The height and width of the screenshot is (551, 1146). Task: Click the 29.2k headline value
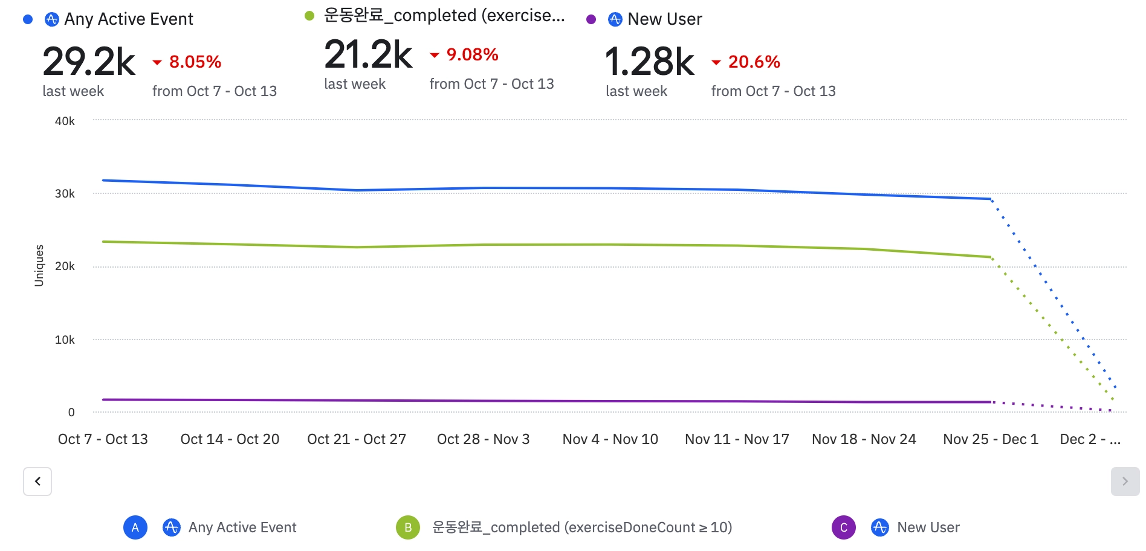89,62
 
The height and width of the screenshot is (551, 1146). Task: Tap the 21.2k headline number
368,54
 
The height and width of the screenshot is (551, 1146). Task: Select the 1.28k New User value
650,62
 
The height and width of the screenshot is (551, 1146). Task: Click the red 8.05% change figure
195,62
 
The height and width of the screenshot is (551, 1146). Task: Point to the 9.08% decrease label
472,54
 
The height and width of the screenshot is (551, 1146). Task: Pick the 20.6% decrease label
754,62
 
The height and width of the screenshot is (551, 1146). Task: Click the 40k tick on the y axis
65,121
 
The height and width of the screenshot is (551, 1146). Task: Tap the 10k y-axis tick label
65,340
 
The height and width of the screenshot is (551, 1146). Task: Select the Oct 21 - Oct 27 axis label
357,439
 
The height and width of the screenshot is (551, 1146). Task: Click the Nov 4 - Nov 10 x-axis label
610,439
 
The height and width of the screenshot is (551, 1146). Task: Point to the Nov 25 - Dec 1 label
990,439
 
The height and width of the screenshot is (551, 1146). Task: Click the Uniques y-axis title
39,265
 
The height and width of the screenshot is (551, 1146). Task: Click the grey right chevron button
1125,482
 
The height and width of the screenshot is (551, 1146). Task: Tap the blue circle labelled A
135,527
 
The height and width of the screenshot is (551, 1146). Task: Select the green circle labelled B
408,527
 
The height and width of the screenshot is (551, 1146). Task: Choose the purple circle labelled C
844,527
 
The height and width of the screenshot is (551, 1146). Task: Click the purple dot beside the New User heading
591,19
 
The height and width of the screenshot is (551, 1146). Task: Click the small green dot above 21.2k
309,16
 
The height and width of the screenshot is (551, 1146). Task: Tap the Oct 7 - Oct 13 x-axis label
103,439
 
